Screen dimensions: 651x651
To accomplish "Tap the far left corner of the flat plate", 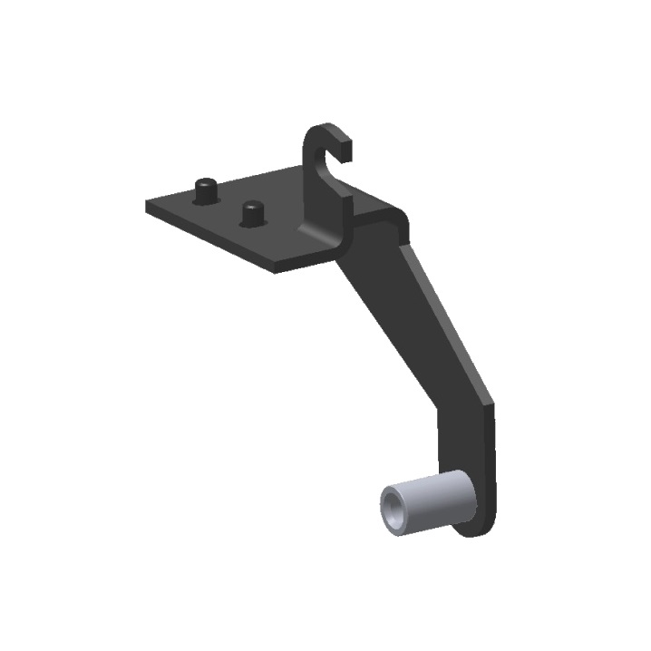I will pos(148,204).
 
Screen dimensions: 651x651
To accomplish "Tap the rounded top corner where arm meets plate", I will pos(397,218).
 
